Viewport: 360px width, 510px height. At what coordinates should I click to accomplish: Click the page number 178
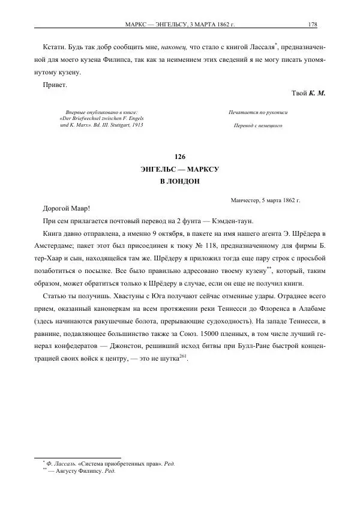[x=312, y=25]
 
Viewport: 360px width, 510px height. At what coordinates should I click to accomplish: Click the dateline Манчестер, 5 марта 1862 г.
[x=265, y=199]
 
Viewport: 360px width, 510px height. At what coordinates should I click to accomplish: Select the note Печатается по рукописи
[x=258, y=112]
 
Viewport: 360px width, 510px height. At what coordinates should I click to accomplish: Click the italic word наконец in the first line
[x=173, y=47]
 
